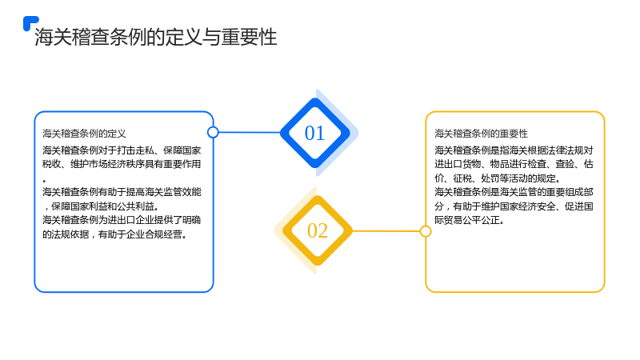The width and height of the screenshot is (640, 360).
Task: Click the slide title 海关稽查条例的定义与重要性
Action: click(x=155, y=37)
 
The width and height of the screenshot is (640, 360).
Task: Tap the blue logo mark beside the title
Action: click(x=30, y=23)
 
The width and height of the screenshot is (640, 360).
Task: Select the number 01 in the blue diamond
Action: click(x=314, y=133)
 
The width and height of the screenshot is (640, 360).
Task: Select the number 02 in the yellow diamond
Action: click(x=318, y=230)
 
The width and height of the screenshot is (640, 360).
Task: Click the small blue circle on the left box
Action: click(x=213, y=132)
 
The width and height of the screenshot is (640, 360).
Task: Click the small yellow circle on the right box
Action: click(x=426, y=231)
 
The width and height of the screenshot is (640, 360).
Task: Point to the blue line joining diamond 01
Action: click(x=250, y=132)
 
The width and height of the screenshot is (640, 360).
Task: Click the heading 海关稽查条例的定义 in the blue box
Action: click(x=85, y=134)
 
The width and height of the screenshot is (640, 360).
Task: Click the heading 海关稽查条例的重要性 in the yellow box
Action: click(x=482, y=134)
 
